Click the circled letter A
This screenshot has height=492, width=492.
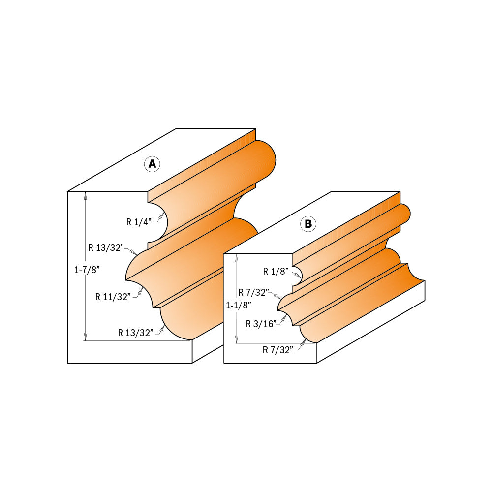tap(153, 164)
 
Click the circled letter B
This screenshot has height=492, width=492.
tap(308, 224)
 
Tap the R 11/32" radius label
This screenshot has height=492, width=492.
tap(113, 297)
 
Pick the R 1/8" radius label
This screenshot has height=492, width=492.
tap(276, 271)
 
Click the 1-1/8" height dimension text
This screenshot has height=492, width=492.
tap(239, 305)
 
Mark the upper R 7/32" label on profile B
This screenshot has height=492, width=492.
tap(254, 292)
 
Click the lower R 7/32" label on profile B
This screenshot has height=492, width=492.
tap(278, 349)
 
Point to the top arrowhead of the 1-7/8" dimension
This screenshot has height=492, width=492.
tap(86, 195)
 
